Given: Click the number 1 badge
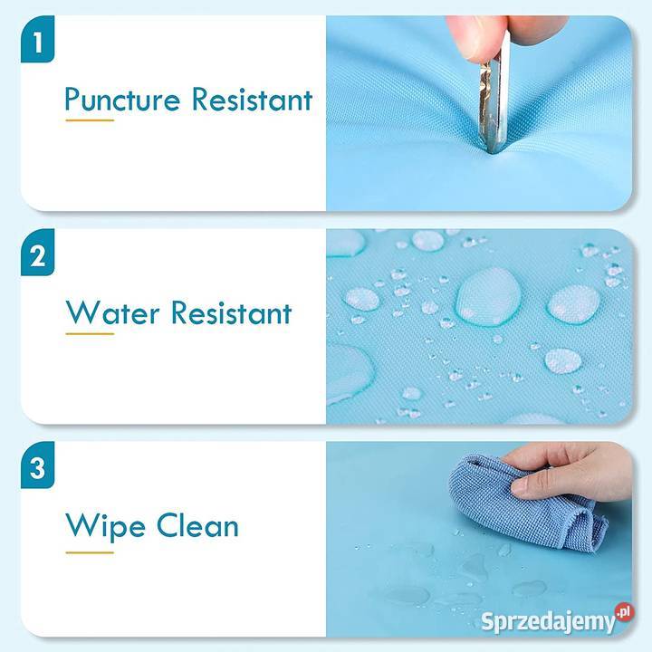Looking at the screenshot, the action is (x=37, y=39).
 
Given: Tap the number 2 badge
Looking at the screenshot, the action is (x=37, y=252).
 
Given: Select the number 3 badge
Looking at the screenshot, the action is (x=37, y=465).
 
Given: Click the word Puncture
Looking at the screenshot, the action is (x=122, y=100).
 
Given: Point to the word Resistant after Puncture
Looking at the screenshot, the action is (x=252, y=99).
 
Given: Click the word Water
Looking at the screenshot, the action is (x=112, y=312).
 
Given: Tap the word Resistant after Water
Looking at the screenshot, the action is (x=232, y=312).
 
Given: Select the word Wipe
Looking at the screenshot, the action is (x=105, y=527).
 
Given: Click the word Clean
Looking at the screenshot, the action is (x=197, y=525).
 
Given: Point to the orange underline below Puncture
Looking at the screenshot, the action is (x=90, y=120).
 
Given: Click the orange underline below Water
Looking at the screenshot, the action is (x=90, y=333).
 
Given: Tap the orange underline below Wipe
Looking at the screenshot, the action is (x=90, y=552).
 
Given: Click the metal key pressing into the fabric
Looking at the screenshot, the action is (x=494, y=96).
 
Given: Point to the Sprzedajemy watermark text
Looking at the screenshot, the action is (x=548, y=622).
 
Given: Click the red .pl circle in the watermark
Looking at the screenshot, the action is (x=625, y=612).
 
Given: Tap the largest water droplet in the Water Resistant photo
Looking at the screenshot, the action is (x=489, y=296).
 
